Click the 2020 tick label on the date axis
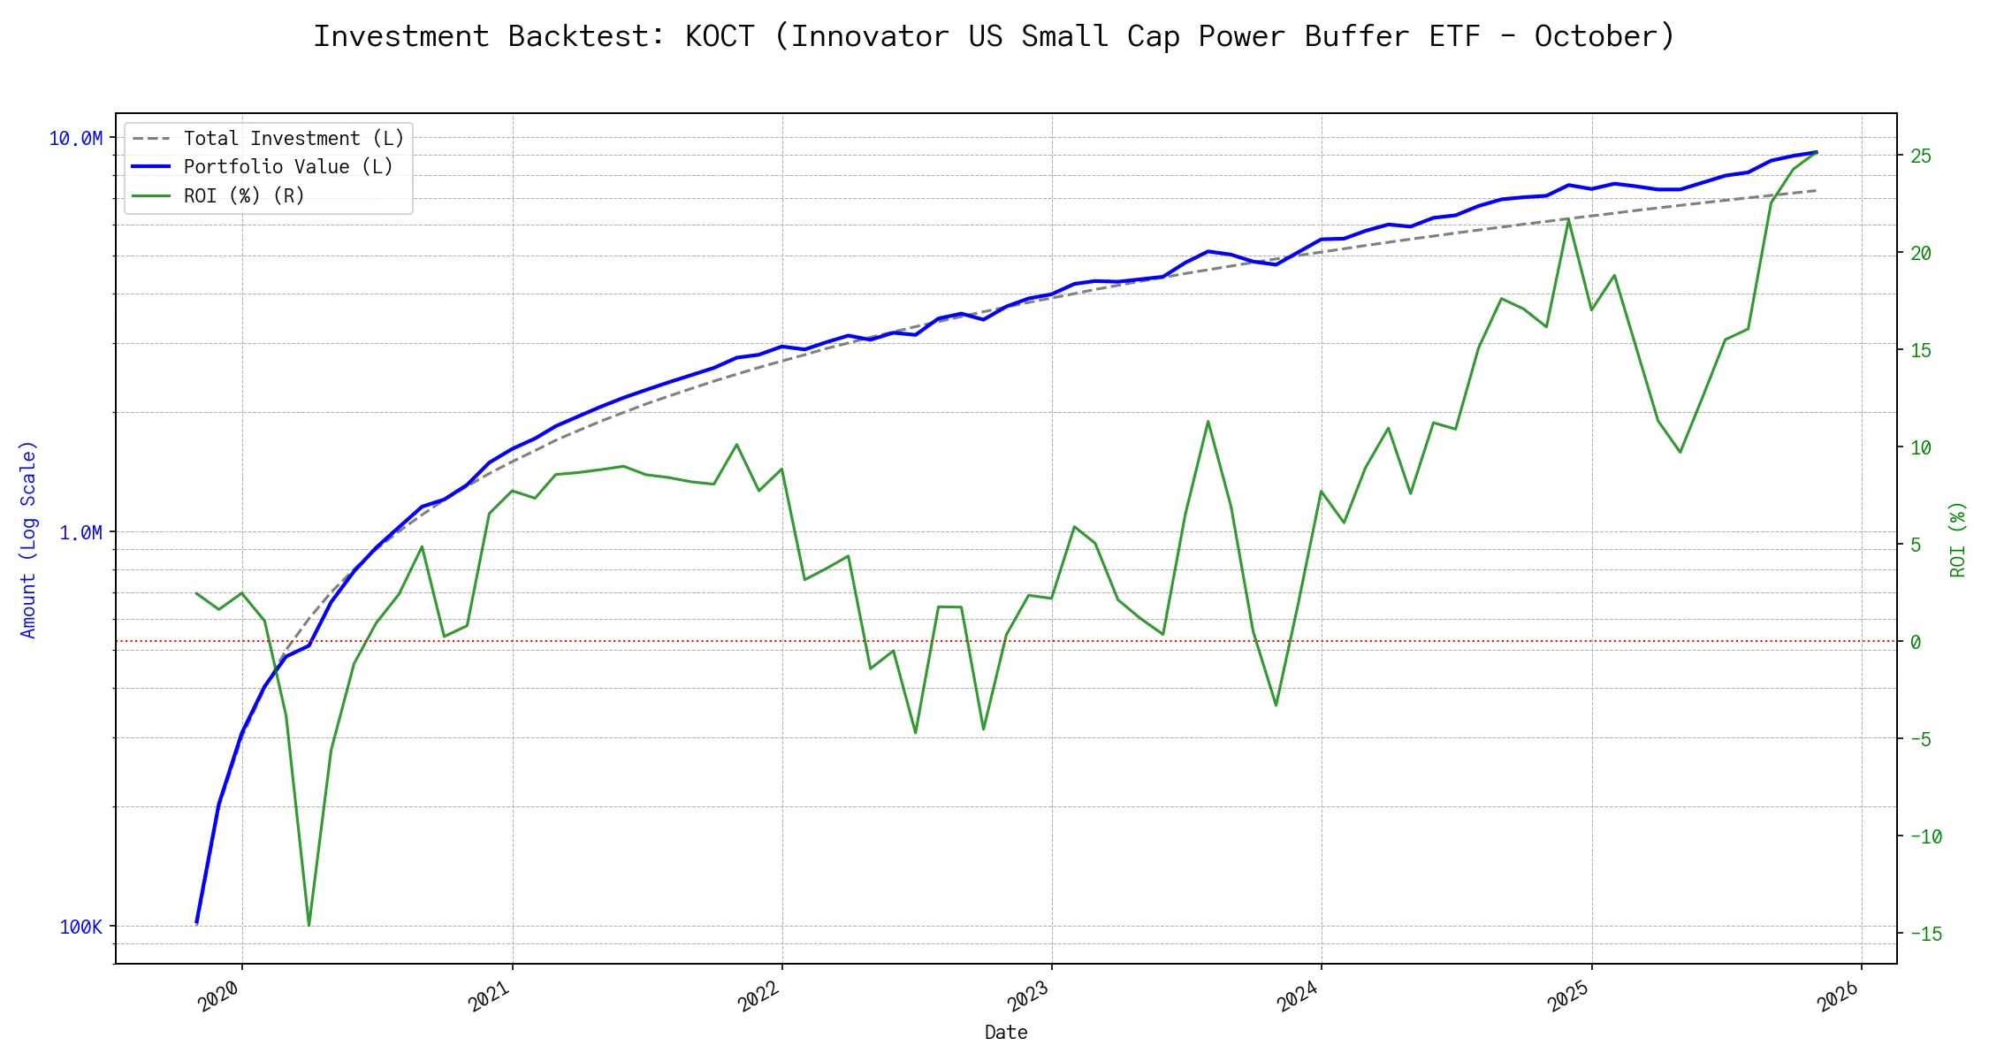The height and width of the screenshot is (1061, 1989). point(218,996)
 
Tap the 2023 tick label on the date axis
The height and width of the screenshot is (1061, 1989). point(1028,996)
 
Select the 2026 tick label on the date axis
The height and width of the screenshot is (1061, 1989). point(1838,996)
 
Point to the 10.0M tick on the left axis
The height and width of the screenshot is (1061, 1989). point(76,139)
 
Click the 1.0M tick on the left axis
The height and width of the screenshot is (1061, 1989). point(81,532)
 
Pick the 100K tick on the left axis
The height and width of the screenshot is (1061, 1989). point(81,927)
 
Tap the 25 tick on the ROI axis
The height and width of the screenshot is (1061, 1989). point(1920,156)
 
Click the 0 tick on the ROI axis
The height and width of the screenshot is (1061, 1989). point(1915,642)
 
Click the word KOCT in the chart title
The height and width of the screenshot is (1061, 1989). point(720,36)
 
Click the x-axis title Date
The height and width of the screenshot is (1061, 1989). point(1006,1033)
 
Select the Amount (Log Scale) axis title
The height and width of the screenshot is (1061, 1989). point(28,539)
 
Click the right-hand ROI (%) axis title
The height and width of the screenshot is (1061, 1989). point(1958,539)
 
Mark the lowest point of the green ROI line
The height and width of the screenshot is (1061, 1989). point(309,926)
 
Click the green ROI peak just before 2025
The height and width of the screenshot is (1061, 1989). point(1568,219)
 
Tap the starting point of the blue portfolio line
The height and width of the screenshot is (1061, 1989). point(196,923)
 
